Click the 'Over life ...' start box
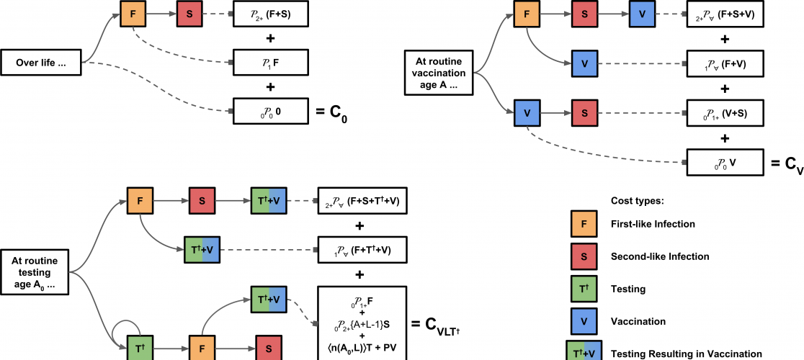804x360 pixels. click(41, 63)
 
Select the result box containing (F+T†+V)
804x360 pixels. click(362, 249)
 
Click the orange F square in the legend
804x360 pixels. click(581, 224)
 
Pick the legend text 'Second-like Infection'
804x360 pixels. click(660, 256)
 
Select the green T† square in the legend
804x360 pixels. click(581, 289)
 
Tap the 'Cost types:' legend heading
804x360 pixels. click(636, 198)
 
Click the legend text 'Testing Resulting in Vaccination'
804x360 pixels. click(686, 354)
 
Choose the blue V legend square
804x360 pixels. click(581, 322)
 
